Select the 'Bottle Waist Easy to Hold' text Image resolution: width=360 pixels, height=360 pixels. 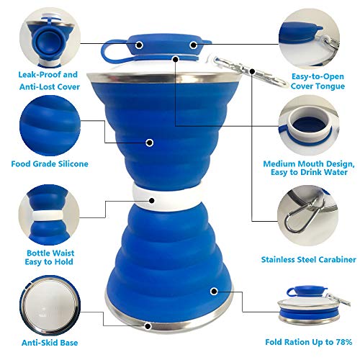click(50, 258)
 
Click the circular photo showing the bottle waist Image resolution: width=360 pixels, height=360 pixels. click(49, 212)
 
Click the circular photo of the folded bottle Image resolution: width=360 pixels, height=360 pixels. click(311, 302)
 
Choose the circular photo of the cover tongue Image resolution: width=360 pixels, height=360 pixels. click(311, 32)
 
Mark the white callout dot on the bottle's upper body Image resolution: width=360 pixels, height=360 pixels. click(150, 143)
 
